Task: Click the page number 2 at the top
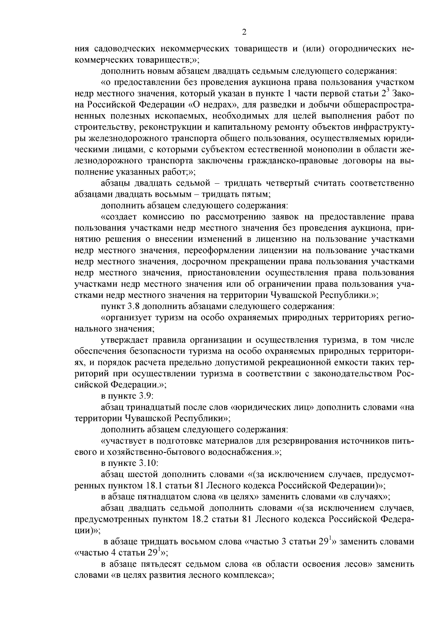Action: click(x=244, y=32)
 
